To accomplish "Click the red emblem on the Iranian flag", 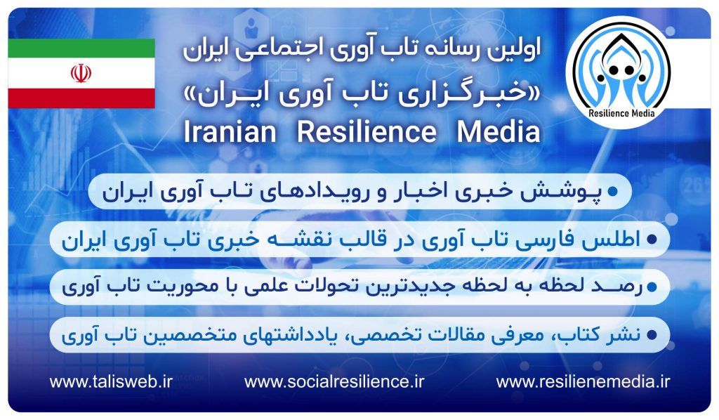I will click(81, 73).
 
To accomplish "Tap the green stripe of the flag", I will click(81, 48).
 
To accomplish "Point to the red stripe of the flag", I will click(81, 98).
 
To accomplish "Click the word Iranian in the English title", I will click(230, 131).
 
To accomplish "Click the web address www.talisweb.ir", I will click(111, 382).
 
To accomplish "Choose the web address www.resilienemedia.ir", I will click(583, 382).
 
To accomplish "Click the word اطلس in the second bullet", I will click(618, 239).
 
